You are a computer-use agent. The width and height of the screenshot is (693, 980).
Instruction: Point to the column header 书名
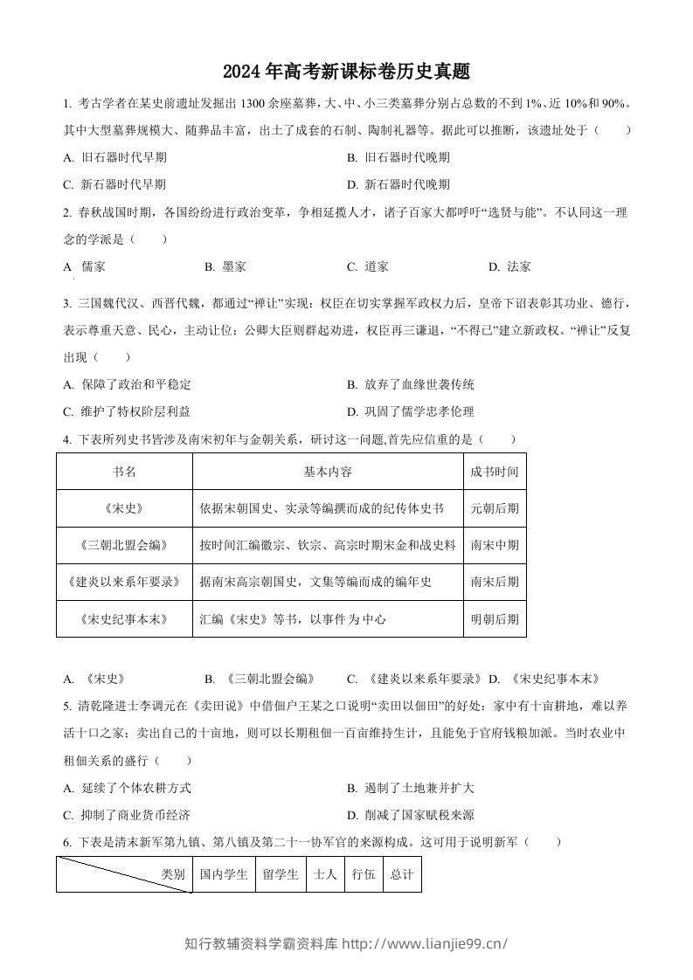[124, 472]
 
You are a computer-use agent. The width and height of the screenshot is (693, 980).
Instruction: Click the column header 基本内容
[328, 472]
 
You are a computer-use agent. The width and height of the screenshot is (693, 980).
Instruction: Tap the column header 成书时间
[494, 472]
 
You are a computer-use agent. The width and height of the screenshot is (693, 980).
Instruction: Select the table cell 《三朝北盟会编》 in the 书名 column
[124, 545]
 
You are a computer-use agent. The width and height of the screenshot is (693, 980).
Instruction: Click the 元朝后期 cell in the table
[494, 507]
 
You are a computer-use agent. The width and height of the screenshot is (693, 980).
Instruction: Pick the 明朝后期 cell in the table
[494, 619]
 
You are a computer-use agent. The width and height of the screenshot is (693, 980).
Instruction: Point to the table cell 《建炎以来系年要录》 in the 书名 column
[124, 582]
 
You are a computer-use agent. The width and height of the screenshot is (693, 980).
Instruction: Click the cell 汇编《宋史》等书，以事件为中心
[292, 619]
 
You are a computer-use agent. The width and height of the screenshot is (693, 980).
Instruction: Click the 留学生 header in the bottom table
[281, 873]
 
